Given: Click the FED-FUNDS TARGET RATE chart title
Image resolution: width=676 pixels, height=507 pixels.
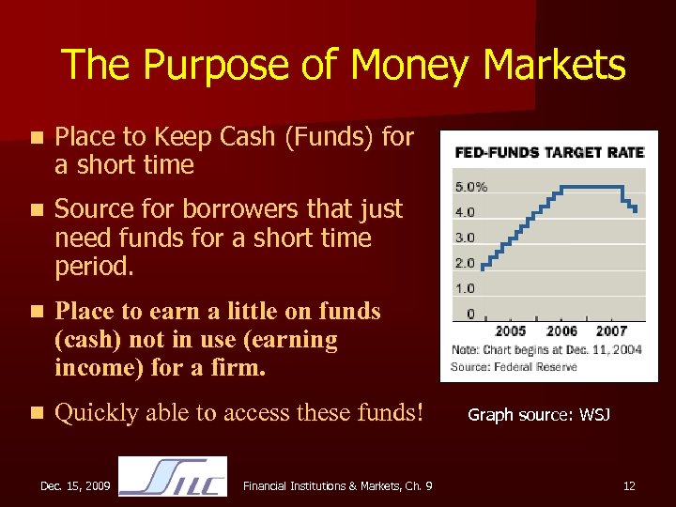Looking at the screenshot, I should tap(549, 152).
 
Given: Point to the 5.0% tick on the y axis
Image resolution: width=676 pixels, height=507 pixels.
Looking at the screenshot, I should tap(471, 186).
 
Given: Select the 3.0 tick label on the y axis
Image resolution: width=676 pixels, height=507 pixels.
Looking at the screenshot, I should tap(465, 238).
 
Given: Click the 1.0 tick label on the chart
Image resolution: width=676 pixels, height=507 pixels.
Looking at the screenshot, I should tap(465, 288).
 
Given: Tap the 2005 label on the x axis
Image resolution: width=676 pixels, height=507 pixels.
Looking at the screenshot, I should tap(510, 331).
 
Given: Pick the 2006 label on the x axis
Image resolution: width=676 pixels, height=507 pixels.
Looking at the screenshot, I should tap(561, 331).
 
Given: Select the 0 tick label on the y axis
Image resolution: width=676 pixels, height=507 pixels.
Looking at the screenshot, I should tap(470, 314).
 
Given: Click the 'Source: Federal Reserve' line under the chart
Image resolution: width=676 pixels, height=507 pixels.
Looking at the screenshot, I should tap(514, 366).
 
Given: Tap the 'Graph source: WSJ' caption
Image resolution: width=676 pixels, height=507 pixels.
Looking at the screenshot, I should tap(539, 413).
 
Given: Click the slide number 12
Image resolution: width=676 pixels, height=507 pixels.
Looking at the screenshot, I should tap(629, 485).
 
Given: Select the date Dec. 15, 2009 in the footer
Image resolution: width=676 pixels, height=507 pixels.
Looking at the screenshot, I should tap(75, 485).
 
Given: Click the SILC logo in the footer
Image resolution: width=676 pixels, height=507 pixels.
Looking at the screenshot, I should tap(173, 477).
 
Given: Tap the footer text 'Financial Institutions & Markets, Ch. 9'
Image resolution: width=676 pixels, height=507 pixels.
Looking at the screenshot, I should tap(337, 485).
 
